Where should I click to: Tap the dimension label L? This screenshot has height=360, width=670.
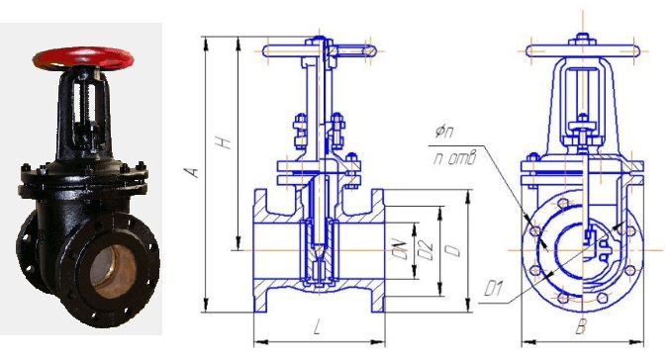pyautogui.click(x=317, y=327)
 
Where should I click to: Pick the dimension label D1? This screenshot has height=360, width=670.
pyautogui.click(x=494, y=289)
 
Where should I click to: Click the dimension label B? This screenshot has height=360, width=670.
pyautogui.click(x=580, y=327)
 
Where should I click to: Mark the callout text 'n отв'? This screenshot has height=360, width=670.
pyautogui.click(x=454, y=159)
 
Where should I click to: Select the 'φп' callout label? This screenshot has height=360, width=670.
pyautogui.click(x=444, y=132)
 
